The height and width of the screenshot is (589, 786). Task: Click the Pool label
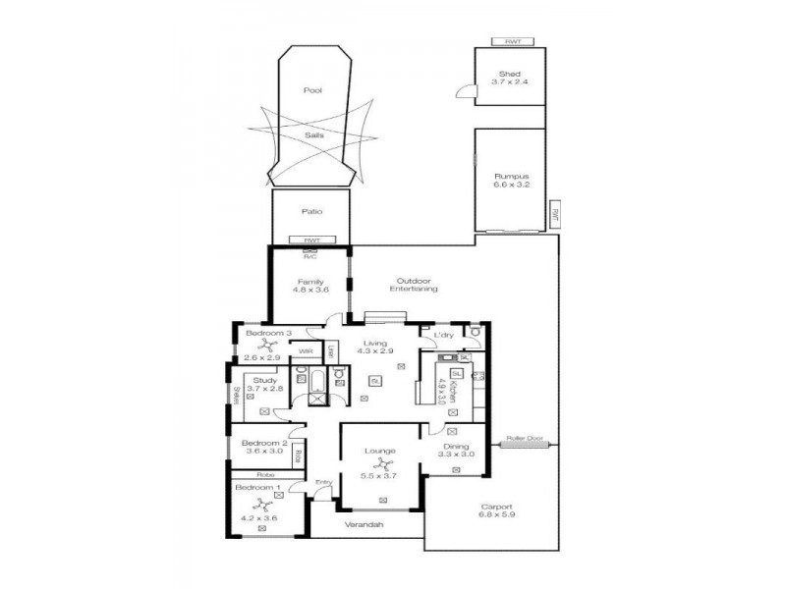[x=312, y=90]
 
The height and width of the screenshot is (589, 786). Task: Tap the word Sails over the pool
[x=313, y=135]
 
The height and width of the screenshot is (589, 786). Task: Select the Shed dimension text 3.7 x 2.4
[x=509, y=81]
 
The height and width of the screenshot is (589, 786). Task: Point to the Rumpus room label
[x=510, y=176]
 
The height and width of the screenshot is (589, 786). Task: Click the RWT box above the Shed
[x=512, y=42]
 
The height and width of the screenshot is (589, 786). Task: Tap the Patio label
[x=311, y=211]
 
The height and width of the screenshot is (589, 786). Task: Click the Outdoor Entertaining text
[x=413, y=285]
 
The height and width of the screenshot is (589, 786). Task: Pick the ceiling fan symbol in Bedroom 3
[x=262, y=346]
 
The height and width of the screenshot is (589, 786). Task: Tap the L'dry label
[x=442, y=336]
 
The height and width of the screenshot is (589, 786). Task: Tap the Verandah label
[x=363, y=525]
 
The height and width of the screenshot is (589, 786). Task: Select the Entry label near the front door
[x=322, y=482]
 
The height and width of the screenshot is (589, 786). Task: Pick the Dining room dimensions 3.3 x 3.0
[x=456, y=454]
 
